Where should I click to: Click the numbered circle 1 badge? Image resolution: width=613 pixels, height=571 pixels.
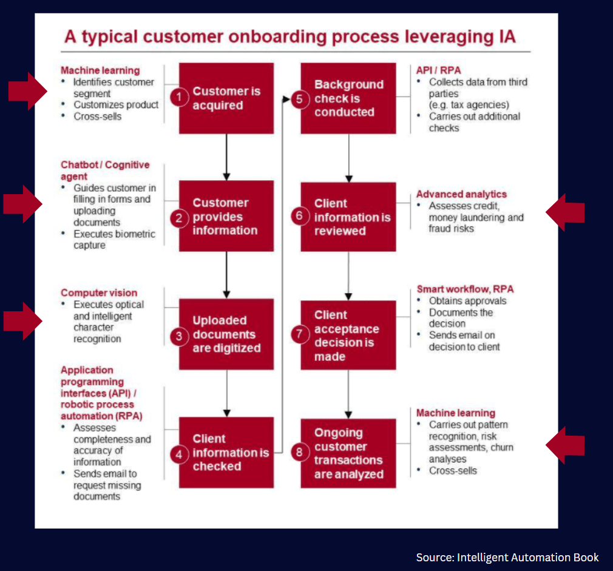pyautogui.click(x=179, y=97)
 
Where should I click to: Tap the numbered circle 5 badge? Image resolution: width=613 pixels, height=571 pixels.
pyautogui.click(x=299, y=99)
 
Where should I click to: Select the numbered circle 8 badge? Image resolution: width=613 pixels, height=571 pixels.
pyautogui.click(x=299, y=452)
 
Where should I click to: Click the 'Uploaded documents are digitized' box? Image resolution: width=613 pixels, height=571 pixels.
pyautogui.click(x=226, y=334)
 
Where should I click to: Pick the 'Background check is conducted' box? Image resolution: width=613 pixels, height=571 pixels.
pyautogui.click(x=348, y=98)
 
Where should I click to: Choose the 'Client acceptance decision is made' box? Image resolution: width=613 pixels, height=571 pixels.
pyautogui.click(x=348, y=335)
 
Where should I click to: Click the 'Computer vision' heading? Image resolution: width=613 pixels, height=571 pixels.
pyautogui.click(x=99, y=292)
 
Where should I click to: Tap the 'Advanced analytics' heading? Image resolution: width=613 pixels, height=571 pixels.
pyautogui.click(x=461, y=194)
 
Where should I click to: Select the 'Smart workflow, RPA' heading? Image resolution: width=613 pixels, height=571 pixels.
pyautogui.click(x=466, y=289)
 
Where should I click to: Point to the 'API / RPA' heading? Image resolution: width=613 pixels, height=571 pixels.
pyautogui.click(x=439, y=70)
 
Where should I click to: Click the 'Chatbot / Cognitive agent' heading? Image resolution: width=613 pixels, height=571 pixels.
pyautogui.click(x=105, y=171)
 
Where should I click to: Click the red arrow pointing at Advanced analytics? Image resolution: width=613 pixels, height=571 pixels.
pyautogui.click(x=565, y=212)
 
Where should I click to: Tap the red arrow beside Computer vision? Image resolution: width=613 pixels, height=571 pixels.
pyautogui.click(x=22, y=321)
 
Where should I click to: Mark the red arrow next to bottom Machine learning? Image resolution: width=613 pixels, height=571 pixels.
pyautogui.click(x=565, y=445)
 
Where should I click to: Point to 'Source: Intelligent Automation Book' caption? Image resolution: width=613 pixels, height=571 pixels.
pyautogui.click(x=507, y=557)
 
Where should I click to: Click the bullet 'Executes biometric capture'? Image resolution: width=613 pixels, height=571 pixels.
pyautogui.click(x=114, y=240)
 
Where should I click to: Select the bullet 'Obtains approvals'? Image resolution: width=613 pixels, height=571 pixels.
pyautogui.click(x=467, y=301)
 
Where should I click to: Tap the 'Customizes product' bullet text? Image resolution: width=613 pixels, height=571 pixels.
pyautogui.click(x=116, y=105)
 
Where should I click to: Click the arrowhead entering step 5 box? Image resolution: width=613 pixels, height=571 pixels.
pyautogui.click(x=286, y=99)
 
